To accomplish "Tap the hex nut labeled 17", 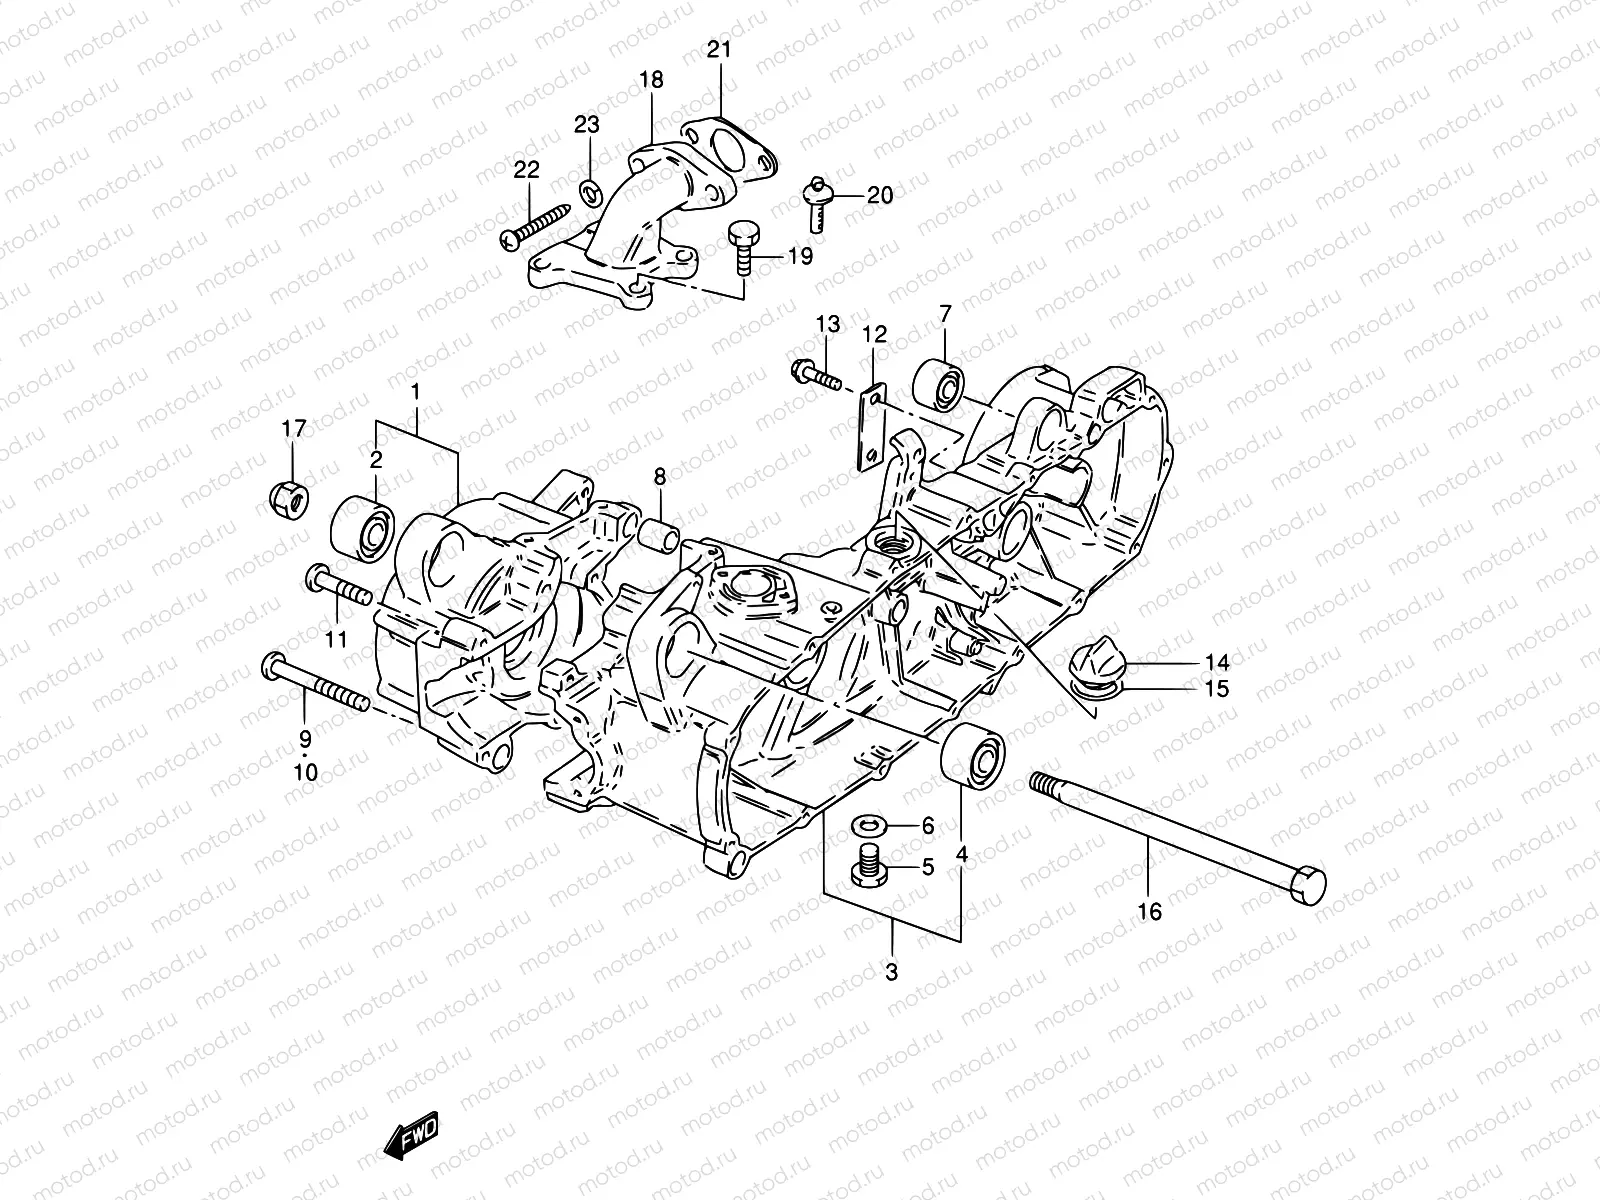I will click(x=291, y=494).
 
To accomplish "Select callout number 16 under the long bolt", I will click(x=1149, y=912).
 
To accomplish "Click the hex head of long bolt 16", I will click(x=1308, y=886).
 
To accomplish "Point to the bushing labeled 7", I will click(x=940, y=383).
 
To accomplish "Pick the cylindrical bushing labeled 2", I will click(x=364, y=525).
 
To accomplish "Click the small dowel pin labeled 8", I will click(x=661, y=535).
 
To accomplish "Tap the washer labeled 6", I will click(x=865, y=826).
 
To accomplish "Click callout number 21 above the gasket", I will click(x=720, y=49).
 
